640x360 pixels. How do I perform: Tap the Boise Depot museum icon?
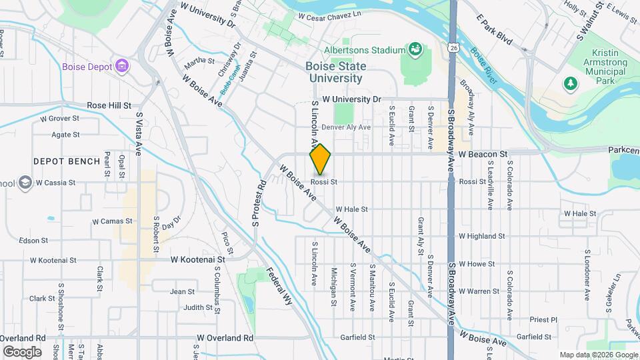[121, 66]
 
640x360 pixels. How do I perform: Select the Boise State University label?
[334, 72]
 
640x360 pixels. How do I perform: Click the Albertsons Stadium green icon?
[415, 49]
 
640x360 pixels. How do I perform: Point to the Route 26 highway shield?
[454, 47]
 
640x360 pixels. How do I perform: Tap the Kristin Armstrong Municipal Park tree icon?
[569, 83]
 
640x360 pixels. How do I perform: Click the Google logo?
[22, 351]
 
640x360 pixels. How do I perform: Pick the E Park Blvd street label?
[494, 31]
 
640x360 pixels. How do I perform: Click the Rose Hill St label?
[109, 105]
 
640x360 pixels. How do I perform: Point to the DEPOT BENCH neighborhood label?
[67, 161]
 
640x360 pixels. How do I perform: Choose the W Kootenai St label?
[199, 259]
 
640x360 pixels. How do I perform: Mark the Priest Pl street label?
[544, 319]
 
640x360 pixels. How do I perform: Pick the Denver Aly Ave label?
[345, 127]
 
